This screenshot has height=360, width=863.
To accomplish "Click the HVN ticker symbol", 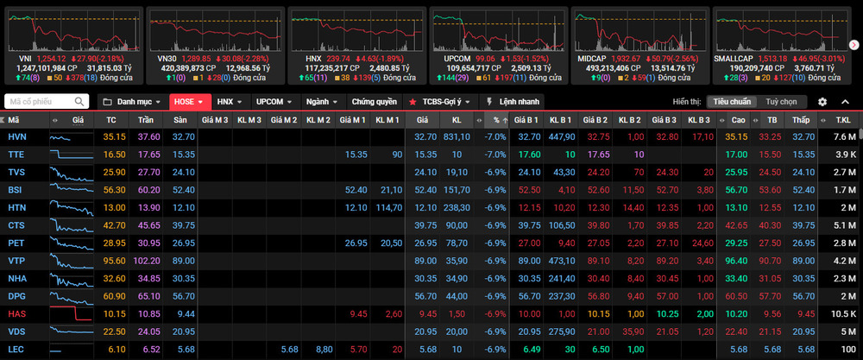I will point(16,136).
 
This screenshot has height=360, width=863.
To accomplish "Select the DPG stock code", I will point(17,296).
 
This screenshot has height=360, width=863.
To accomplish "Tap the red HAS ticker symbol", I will point(16,313).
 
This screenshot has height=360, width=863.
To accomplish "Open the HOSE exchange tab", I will point(189,102).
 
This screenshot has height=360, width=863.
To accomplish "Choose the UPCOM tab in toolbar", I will point(274,102).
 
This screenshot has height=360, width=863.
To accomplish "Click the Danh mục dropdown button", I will point(132,102).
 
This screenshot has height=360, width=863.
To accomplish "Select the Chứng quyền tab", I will point(375,102).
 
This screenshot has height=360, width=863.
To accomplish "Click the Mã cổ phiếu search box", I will point(47,102).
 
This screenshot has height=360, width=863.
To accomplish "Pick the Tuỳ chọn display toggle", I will point(782,102).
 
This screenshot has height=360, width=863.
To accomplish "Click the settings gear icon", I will point(822,102).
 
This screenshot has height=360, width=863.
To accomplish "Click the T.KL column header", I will point(843,119).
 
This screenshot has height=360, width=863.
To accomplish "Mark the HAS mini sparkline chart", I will point(71,313).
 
